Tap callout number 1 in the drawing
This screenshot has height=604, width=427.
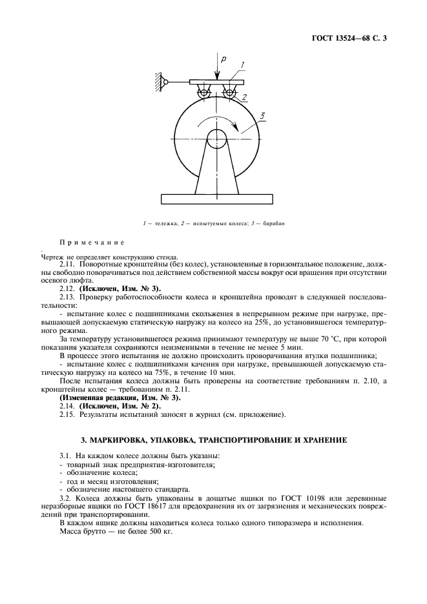241,65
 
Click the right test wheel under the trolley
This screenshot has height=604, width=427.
229,94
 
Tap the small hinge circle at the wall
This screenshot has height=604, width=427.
165,82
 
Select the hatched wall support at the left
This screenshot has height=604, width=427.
157,82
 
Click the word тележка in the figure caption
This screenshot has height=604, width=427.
160,224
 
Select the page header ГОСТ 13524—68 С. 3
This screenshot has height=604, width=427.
349,39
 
